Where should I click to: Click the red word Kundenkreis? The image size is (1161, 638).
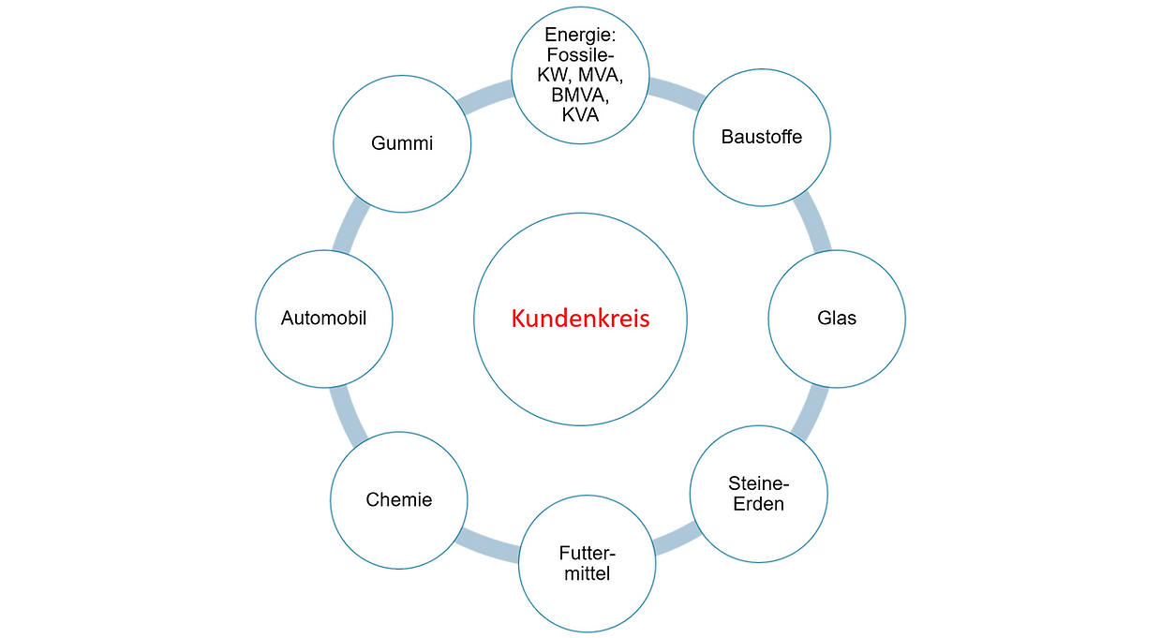[x=580, y=319]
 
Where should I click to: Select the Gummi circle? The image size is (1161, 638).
[x=402, y=143]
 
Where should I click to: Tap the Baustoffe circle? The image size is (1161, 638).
[x=761, y=137]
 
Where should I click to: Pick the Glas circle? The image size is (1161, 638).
[x=837, y=318]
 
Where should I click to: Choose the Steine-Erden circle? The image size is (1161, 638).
[x=759, y=494]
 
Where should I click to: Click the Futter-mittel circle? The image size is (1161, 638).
[x=588, y=562]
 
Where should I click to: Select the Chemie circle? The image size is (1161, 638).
[x=399, y=499]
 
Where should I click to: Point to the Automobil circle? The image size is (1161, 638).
[x=323, y=318]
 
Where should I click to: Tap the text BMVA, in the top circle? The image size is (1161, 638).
[x=580, y=96]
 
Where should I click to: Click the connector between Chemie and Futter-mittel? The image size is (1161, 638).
[x=487, y=542]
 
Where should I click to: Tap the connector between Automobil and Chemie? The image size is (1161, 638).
[x=349, y=413]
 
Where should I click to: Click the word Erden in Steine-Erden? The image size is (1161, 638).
[x=759, y=504]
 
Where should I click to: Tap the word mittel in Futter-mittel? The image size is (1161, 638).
[x=588, y=573]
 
